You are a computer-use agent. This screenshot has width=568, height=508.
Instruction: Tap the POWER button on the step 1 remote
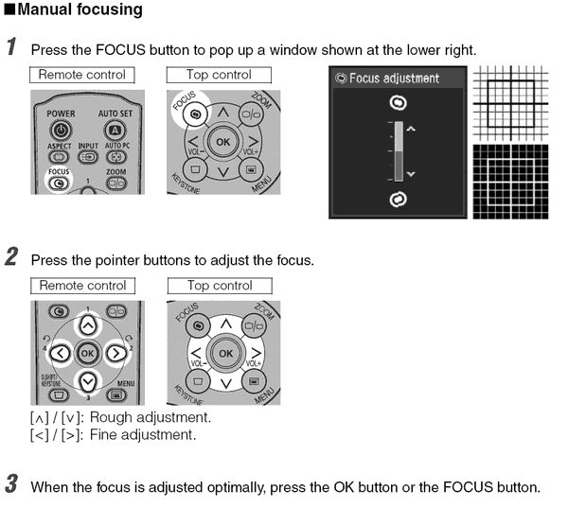(x=62, y=130)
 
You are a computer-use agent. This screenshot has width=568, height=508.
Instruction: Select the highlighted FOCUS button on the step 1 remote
(x=60, y=184)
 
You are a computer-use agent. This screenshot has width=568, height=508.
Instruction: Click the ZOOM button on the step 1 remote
(x=115, y=184)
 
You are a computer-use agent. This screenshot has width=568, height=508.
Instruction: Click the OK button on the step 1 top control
(x=223, y=142)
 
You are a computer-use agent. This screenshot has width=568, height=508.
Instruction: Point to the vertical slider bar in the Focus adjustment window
(x=398, y=150)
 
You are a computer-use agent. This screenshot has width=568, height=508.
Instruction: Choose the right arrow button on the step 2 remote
(x=117, y=354)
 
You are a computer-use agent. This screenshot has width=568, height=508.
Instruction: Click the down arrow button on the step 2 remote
(x=87, y=382)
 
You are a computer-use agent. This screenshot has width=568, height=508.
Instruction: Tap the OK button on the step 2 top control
(x=225, y=353)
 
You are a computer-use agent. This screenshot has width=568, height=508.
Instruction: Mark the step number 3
(x=10, y=485)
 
